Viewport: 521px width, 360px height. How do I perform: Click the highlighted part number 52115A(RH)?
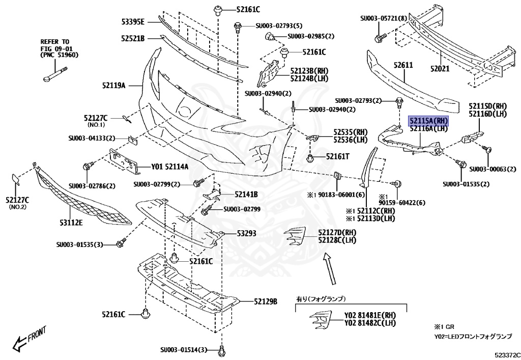click(x=428, y=121)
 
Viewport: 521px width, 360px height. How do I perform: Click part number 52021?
click(x=441, y=68)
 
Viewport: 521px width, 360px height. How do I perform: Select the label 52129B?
click(x=265, y=301)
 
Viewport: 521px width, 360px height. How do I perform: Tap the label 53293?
click(x=246, y=233)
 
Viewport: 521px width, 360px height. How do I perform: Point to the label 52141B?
click(x=246, y=195)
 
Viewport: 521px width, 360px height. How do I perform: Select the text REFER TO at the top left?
click(x=54, y=41)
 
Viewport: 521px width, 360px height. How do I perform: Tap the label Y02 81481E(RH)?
click(x=370, y=315)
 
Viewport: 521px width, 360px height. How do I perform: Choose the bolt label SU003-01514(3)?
click(x=184, y=350)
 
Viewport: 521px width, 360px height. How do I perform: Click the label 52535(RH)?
click(x=351, y=131)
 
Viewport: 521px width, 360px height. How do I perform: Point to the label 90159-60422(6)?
click(x=401, y=203)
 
